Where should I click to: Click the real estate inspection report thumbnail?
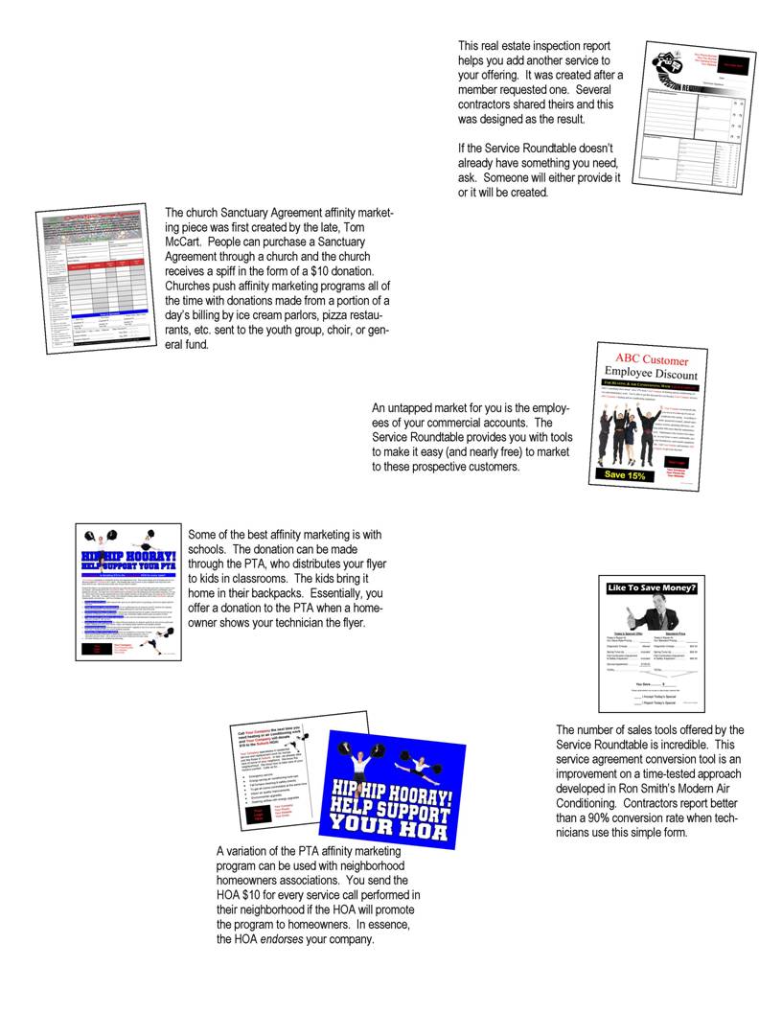coord(695,116)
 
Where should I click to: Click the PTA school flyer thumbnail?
coord(127,591)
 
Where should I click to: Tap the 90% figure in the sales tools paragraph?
coord(619,817)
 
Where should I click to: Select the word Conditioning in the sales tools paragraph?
coord(592,802)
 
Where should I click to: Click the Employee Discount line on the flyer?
coord(651,375)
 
